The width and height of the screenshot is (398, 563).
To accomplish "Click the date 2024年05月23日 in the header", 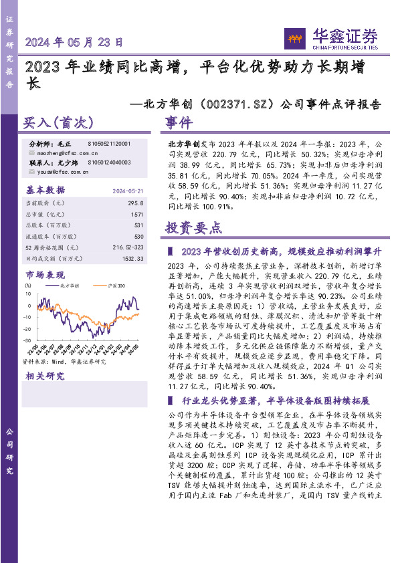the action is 74,41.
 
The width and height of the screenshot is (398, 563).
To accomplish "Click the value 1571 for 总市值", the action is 136,214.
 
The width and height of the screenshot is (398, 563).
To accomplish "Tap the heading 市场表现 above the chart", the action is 45,274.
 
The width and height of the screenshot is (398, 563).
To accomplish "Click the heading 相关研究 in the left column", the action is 45,376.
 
